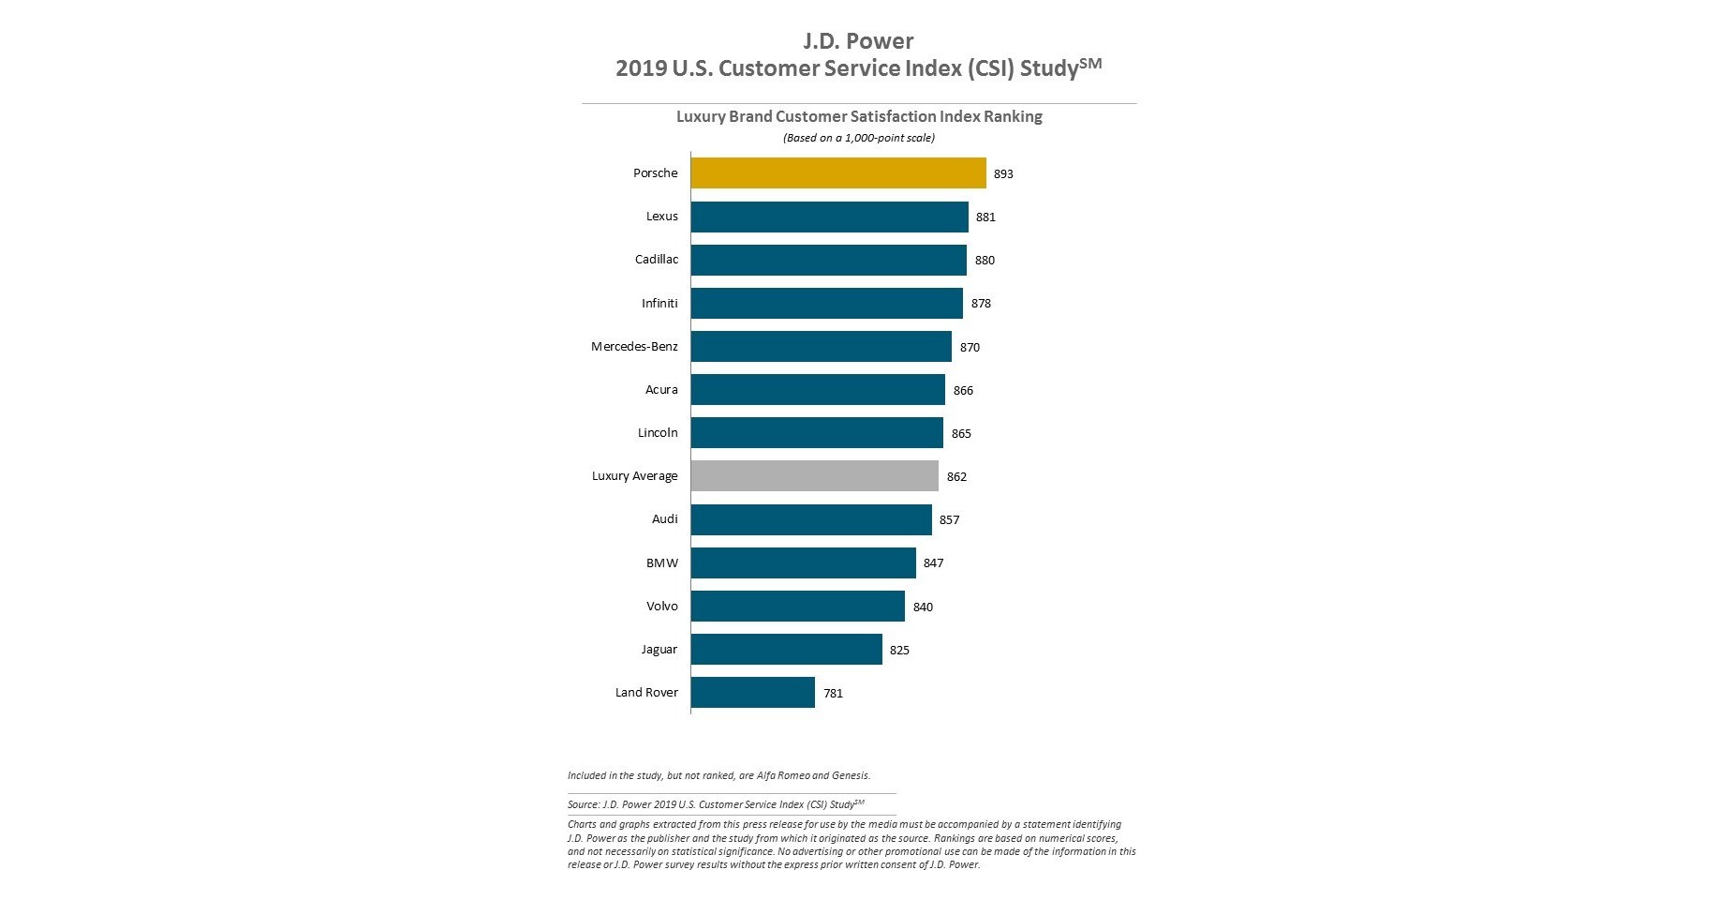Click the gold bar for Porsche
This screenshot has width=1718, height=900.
click(x=838, y=173)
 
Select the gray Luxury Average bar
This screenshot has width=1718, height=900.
click(x=814, y=476)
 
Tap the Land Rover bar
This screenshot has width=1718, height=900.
click(x=752, y=693)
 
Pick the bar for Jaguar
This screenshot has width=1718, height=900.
click(x=786, y=650)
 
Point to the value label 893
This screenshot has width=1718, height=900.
click(x=1003, y=174)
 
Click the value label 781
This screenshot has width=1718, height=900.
click(x=833, y=694)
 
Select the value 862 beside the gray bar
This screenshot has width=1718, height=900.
click(x=956, y=477)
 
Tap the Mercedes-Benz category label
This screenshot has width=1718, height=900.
click(x=634, y=347)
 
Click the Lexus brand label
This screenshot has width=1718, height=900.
click(x=661, y=217)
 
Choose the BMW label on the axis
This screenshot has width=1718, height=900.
click(x=661, y=563)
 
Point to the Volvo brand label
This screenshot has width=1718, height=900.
click(x=661, y=607)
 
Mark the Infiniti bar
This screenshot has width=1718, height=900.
click(x=826, y=304)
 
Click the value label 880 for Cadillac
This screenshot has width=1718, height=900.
click(x=985, y=261)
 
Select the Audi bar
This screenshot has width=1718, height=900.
click(x=811, y=519)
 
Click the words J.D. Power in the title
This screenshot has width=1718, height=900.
click(x=858, y=41)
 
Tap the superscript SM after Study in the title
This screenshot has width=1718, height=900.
click(x=1090, y=63)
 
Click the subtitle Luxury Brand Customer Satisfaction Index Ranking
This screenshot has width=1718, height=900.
click(x=859, y=116)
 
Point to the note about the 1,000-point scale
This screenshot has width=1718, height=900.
click(x=859, y=138)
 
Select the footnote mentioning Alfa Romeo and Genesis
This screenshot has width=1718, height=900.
click(x=718, y=775)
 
